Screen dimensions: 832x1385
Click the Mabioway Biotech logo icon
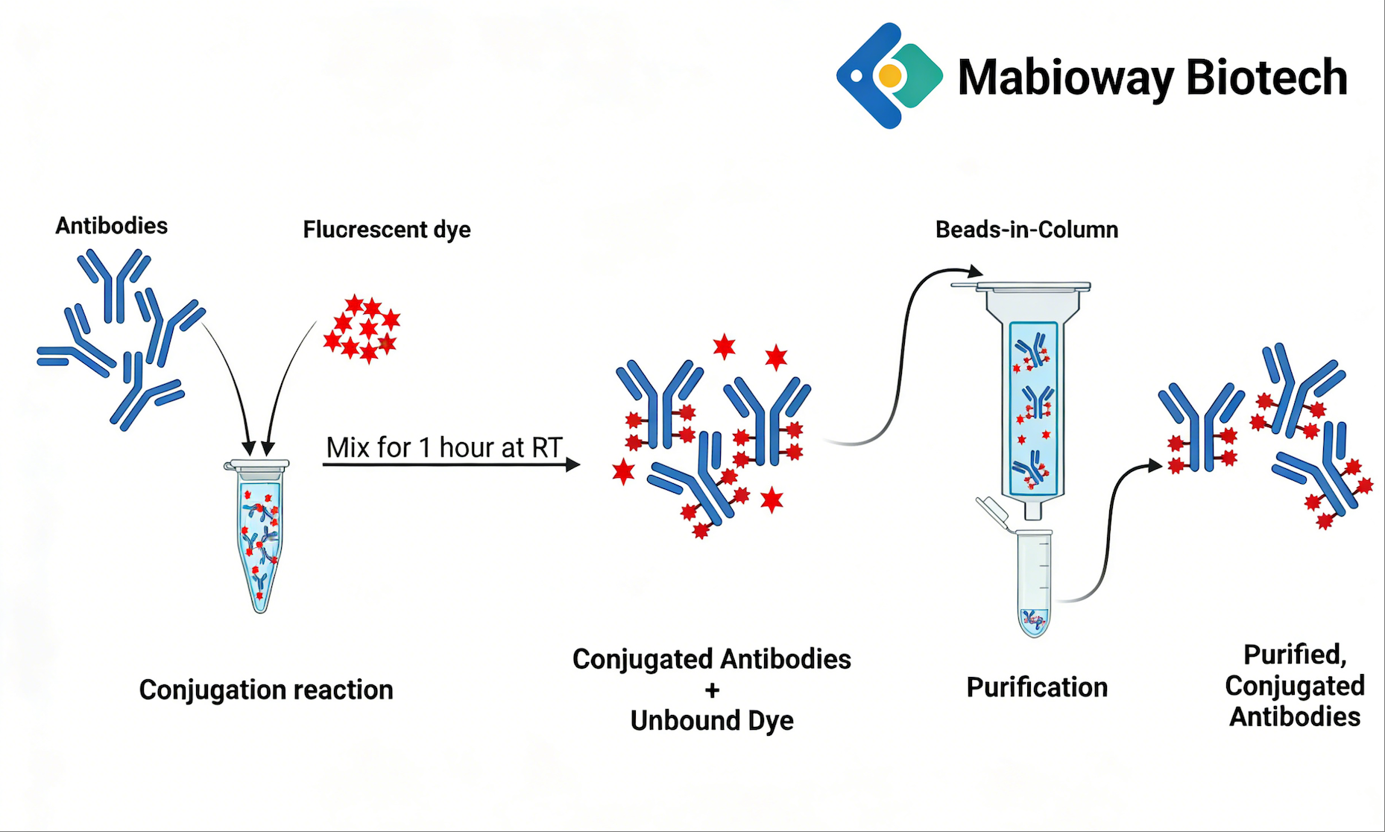(889, 75)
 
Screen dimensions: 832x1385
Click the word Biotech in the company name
(1266, 78)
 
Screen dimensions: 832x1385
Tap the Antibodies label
(111, 226)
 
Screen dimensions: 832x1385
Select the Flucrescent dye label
(386, 230)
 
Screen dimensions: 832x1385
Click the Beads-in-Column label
(1026, 230)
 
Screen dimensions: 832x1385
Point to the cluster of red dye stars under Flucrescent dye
(362, 329)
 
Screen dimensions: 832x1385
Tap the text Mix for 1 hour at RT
(444, 447)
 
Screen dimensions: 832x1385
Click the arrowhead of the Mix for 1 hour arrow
(572, 464)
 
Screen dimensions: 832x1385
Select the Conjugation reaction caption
(266, 690)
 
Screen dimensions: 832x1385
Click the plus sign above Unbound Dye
(712, 690)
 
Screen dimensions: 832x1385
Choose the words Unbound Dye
(712, 721)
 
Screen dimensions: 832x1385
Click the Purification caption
(1036, 687)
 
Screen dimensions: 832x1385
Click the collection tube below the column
(1034, 582)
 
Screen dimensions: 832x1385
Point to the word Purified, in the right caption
(1295, 655)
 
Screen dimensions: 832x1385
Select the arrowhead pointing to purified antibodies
(1155, 466)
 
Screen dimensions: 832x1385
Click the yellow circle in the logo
(889, 75)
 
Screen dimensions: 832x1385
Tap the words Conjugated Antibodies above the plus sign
(712, 659)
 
